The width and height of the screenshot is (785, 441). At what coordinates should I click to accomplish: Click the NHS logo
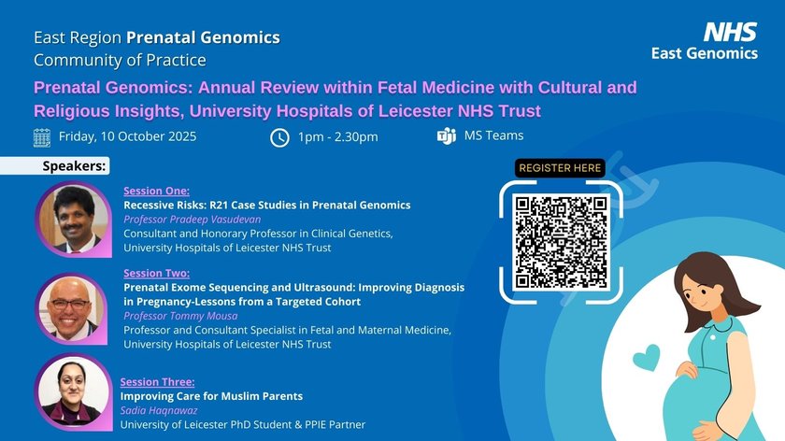730,32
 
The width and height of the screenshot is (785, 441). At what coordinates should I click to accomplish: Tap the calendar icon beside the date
42,137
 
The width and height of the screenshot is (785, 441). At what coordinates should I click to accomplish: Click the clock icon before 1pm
279,137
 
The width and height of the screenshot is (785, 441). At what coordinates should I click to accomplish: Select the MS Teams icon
446,135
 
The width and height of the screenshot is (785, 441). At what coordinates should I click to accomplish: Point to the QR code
561,242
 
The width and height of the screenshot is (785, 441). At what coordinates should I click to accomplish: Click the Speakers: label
74,166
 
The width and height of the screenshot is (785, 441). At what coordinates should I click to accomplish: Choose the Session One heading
157,191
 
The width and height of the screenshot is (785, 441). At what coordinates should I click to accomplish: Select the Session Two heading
157,274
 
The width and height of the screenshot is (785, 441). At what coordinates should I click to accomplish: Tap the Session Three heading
157,382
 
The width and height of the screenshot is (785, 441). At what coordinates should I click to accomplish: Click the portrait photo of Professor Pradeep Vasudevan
74,220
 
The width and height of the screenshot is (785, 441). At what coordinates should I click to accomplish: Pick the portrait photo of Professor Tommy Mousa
72,309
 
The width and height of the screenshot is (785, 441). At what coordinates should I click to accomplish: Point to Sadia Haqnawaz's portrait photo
74,392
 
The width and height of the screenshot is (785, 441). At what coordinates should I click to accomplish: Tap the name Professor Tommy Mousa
180,316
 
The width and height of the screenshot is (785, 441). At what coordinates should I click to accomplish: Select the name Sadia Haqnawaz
159,410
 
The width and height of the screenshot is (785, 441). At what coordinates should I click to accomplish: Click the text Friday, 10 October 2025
128,136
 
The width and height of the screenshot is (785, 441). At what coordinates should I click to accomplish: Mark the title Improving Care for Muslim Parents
211,396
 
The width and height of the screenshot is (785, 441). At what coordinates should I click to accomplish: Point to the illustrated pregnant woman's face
700,292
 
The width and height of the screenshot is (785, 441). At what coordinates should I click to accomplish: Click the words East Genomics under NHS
705,53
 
